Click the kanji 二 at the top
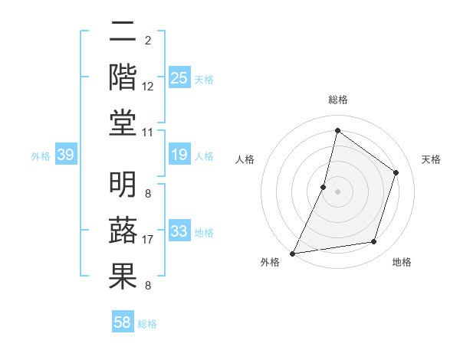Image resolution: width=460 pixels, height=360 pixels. point(123,32)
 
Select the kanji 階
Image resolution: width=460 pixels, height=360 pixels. point(123,78)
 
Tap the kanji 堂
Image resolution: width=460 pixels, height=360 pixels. point(123,124)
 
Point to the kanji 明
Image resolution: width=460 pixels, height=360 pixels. point(123,184)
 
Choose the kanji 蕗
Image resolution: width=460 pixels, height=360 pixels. point(123,231)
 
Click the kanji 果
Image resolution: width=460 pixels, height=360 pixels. point(123,277)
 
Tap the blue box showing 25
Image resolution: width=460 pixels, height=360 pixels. point(179,77)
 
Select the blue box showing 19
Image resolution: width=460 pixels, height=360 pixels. point(179,155)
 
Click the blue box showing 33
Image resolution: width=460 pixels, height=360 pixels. point(179,231)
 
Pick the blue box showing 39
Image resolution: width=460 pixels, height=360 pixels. point(65,155)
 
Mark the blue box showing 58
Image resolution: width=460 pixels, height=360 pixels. point(123,323)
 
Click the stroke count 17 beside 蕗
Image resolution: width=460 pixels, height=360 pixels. point(148,240)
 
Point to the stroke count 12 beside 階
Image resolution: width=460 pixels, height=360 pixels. point(148,87)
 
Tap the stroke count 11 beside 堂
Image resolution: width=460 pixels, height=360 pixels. point(148,133)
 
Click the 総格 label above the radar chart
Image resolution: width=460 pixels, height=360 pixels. point(337,100)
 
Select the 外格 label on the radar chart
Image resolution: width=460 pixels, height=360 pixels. point(270,263)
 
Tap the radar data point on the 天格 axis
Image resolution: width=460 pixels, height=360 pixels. point(396,172)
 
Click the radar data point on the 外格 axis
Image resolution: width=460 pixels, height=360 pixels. point(292,254)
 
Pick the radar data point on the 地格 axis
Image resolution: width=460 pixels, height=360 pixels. point(374,242)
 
